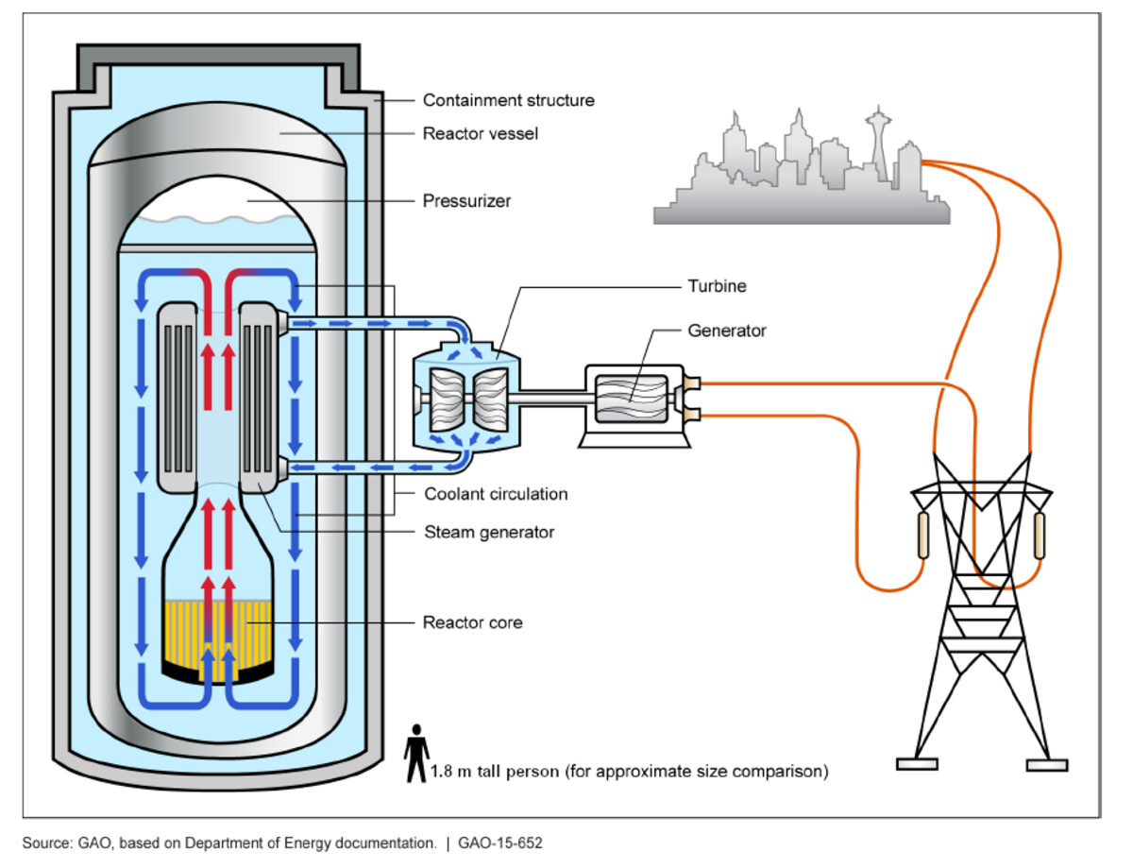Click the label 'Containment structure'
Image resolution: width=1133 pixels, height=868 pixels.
tap(508, 100)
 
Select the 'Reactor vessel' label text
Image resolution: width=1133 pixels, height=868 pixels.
tap(480, 134)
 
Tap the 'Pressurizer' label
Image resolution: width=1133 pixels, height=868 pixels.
tap(465, 201)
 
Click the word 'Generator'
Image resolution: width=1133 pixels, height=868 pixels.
tap(727, 331)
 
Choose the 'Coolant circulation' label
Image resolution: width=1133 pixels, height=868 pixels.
tap(496, 494)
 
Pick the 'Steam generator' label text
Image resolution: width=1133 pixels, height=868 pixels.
tap(488, 532)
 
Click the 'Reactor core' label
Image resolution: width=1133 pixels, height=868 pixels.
tap(472, 622)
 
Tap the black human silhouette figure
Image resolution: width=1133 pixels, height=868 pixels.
tap(415, 753)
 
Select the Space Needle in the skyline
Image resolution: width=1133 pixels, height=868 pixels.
tap(877, 142)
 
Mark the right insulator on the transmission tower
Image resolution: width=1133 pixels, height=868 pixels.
tap(1040, 536)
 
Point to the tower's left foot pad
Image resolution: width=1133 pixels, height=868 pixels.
tap(917, 763)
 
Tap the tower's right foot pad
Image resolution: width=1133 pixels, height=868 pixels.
tap(1046, 763)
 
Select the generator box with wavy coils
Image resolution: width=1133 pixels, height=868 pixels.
tap(632, 399)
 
